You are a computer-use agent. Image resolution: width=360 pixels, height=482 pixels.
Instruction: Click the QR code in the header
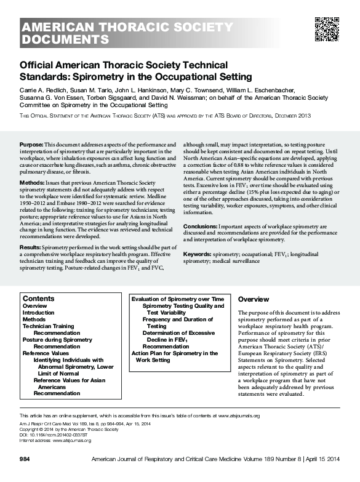(327, 28)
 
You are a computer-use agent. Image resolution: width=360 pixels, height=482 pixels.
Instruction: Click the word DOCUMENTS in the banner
(65, 40)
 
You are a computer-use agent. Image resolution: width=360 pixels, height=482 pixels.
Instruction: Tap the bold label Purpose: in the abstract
(31, 143)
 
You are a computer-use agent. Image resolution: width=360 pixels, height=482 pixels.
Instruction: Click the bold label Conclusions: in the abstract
(200, 226)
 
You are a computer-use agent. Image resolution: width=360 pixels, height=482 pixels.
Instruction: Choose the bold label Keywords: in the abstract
(198, 254)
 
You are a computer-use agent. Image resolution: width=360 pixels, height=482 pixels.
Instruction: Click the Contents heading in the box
(38, 299)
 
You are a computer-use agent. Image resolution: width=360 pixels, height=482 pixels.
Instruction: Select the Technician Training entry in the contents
(49, 326)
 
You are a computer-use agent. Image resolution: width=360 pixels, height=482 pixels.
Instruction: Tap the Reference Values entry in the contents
(46, 353)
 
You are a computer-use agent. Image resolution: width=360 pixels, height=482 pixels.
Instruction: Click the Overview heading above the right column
(254, 299)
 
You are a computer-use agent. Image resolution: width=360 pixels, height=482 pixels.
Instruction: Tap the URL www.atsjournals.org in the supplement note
(243, 416)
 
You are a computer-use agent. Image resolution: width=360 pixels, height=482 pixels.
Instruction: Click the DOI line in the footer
(53, 435)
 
